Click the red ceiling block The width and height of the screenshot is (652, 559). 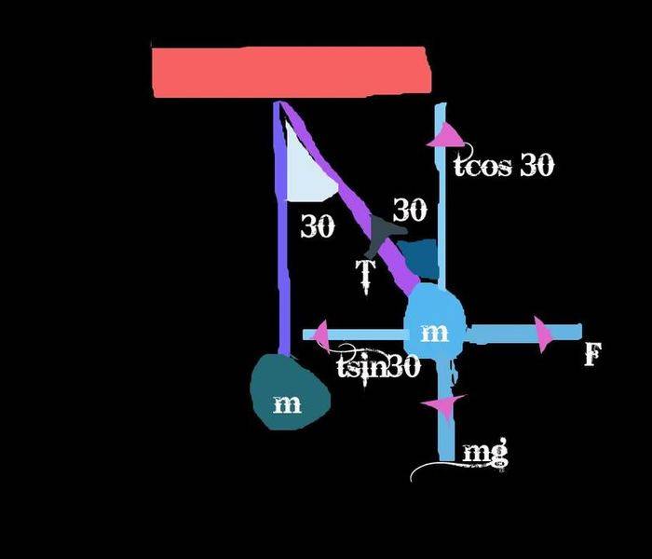[x=291, y=71]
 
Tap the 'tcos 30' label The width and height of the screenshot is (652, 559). [x=504, y=166]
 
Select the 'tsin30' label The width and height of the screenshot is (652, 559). [x=378, y=367]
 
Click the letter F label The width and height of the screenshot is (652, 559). [x=591, y=354]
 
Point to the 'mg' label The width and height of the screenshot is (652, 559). [x=485, y=454]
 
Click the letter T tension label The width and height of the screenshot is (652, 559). [x=366, y=277]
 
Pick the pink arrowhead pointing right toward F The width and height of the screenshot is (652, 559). [x=544, y=334]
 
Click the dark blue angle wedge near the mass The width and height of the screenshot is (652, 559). [x=420, y=257]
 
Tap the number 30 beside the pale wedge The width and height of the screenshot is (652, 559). [x=317, y=226]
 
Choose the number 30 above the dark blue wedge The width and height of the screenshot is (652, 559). [x=409, y=211]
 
